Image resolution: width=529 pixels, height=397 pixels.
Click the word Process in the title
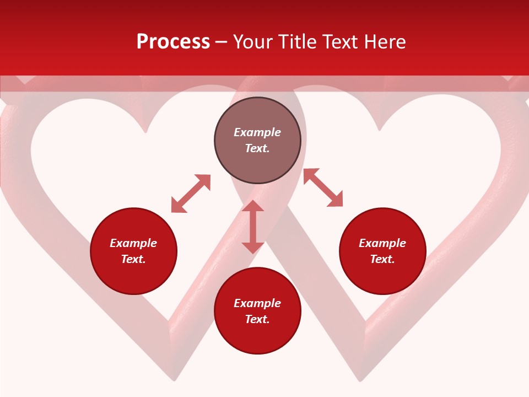click(173, 42)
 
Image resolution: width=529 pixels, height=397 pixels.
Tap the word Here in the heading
click(383, 42)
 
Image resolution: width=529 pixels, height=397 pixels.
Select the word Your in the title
click(252, 42)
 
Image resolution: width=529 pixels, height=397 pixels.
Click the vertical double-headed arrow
click(253, 227)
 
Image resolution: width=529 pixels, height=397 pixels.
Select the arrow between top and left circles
click(191, 193)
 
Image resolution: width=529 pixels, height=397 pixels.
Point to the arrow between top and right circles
click(323, 187)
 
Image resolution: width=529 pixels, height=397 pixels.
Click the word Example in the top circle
click(257, 132)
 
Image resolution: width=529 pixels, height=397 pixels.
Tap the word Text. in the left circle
click(133, 259)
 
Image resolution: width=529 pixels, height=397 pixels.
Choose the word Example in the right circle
click(382, 243)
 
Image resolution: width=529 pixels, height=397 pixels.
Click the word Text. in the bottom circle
click(257, 319)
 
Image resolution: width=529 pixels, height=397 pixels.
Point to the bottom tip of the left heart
click(174, 379)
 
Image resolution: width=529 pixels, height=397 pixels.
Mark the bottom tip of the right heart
click(361, 379)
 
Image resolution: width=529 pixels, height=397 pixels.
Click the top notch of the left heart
click(145, 131)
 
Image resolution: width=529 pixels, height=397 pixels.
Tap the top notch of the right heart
click(379, 130)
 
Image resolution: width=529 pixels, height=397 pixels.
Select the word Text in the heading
click(341, 42)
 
